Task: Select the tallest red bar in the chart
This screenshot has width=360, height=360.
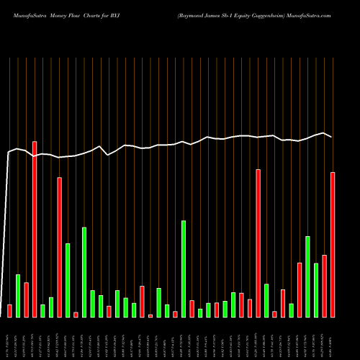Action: tap(35, 229)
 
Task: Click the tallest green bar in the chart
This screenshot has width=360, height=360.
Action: tap(184, 269)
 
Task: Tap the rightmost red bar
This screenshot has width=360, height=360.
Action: tap(333, 245)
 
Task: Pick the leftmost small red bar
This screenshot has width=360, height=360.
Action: tap(9, 310)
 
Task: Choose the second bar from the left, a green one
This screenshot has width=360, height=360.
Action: tap(18, 295)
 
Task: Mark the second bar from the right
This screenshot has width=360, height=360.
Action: tap(325, 286)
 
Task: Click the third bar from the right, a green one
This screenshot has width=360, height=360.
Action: tap(316, 290)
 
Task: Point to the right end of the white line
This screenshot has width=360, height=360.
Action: tap(332, 137)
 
